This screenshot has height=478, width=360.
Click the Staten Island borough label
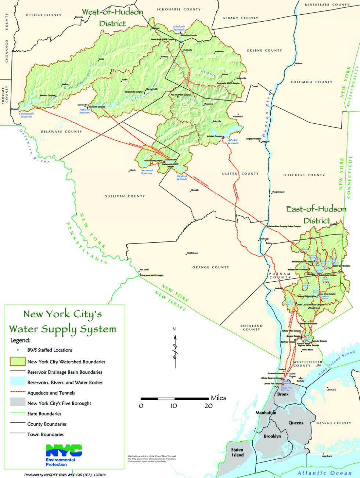(x=237, y=452)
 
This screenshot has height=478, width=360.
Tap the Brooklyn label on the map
(x=272, y=436)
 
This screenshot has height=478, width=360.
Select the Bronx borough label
(x=283, y=394)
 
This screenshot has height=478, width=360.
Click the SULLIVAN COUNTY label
(x=125, y=196)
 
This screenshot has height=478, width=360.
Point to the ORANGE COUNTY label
(x=210, y=267)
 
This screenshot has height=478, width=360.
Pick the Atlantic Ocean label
(x=324, y=473)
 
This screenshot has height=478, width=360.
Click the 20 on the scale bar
(x=209, y=406)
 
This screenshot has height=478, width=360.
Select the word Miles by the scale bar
(x=219, y=398)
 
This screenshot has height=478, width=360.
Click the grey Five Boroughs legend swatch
(x=17, y=403)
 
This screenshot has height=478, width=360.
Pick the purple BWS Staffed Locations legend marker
(x=18, y=350)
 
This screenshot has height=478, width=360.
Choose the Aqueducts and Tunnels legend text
(x=51, y=393)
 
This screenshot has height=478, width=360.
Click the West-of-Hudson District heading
(x=112, y=18)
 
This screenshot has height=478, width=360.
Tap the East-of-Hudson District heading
(x=316, y=215)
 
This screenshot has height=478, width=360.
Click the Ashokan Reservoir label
(x=233, y=141)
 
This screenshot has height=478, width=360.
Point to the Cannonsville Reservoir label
(x=26, y=115)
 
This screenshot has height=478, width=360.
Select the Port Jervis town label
(x=144, y=270)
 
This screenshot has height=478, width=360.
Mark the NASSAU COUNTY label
(x=334, y=423)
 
